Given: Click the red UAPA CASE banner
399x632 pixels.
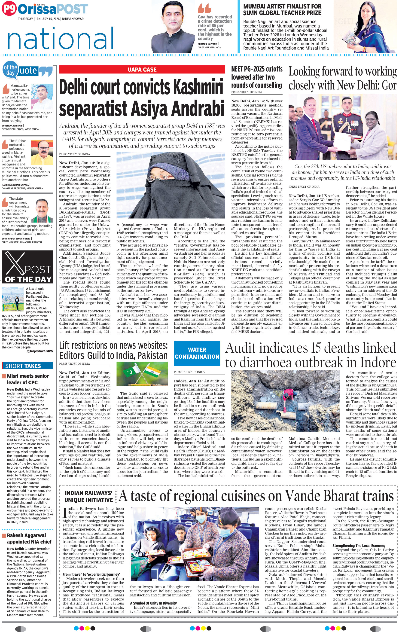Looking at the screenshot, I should pos(142,70).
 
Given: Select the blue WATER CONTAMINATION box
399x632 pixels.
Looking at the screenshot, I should pos(197,353).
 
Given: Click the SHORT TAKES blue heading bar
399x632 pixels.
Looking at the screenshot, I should pos(27,366).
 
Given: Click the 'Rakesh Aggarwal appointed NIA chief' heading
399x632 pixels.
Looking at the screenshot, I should pos(26,539).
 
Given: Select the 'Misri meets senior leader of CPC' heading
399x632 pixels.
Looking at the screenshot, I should pos(27,379).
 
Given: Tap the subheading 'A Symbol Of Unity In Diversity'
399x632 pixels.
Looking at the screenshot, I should pos(153,603).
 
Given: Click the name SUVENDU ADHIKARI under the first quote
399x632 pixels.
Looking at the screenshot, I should pos(12,126).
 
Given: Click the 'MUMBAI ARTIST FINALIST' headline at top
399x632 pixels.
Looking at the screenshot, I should pos(282,10).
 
